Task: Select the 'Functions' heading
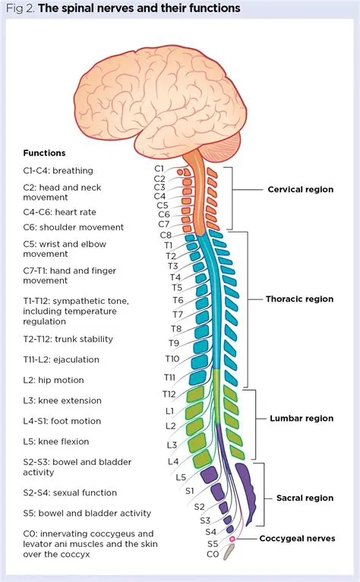44,153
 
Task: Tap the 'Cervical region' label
300,189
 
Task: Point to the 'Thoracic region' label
299,299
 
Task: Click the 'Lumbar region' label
302,419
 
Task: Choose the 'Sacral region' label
305,498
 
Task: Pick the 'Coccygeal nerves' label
296,539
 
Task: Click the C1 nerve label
159,168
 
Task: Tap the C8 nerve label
166,236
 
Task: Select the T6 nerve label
178,301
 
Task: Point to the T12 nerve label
169,394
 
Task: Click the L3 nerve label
172,444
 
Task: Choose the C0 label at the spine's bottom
213,555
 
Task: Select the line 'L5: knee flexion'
56,441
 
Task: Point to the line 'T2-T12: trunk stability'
68,339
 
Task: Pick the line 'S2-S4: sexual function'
70,492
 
